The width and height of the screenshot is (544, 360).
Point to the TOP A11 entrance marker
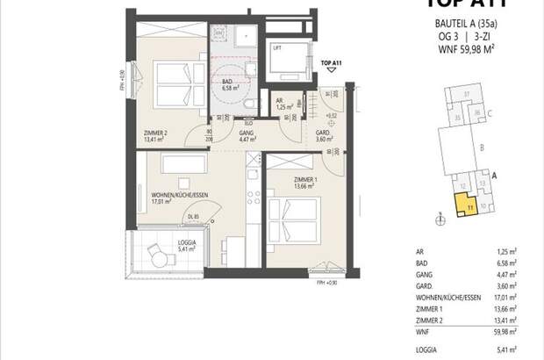[x=331, y=64]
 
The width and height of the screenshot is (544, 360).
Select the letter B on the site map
[x=483, y=149]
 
